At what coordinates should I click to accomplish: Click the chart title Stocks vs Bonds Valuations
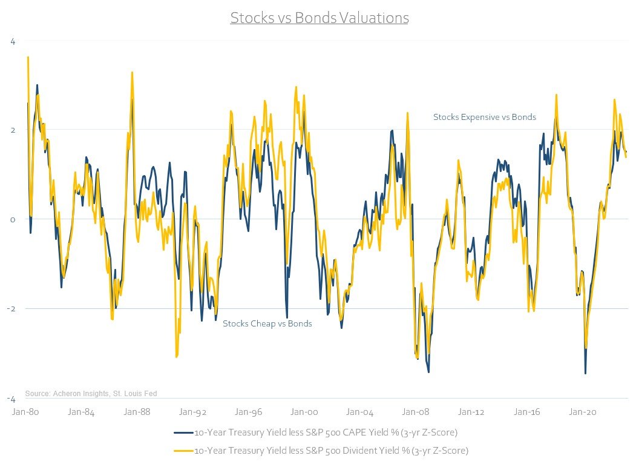319,18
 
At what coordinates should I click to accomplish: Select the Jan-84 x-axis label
81,412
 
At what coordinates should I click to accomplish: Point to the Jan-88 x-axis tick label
137,412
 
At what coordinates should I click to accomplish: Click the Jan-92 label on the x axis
192,412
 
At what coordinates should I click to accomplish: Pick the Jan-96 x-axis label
249,412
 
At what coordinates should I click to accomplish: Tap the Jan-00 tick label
304,412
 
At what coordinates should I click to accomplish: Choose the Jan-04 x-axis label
360,412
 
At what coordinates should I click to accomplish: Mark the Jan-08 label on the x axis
416,412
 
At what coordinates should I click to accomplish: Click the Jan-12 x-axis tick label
471,412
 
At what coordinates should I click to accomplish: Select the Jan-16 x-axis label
527,412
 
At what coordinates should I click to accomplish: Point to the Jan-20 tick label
583,412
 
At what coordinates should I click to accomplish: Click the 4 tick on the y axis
13,41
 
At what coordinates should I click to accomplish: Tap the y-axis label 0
13,219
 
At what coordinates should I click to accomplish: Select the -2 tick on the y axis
12,309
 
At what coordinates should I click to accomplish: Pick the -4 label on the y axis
12,399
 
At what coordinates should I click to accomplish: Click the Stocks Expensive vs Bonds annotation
485,117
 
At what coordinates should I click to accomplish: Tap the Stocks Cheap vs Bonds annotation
267,323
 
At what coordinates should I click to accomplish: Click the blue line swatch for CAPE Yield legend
183,433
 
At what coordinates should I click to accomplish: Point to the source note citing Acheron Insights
91,394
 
